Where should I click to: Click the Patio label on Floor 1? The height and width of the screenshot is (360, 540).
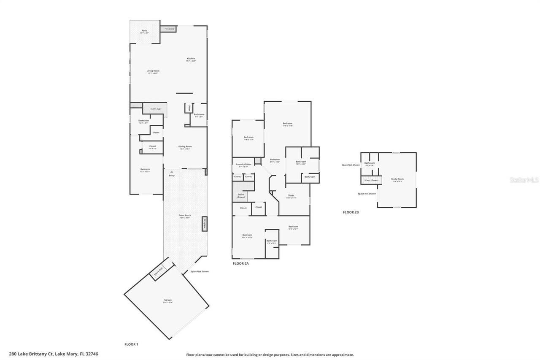144,31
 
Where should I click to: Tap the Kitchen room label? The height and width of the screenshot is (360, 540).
191,59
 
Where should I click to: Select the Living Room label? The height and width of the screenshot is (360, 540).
153,71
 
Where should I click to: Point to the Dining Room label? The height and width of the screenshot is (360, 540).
185,147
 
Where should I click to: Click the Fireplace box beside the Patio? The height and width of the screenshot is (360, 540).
169,29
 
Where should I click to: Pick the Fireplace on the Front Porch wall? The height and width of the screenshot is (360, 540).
205,224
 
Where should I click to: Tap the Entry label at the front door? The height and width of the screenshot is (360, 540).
172,175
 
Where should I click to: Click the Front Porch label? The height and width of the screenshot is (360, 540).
185,216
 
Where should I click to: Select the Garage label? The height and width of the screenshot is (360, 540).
168,300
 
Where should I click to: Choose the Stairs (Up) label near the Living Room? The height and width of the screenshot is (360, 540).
156,109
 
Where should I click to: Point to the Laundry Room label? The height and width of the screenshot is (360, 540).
243,165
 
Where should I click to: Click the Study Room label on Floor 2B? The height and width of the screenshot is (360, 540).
397,179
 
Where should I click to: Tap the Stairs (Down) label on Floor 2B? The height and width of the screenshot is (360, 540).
371,180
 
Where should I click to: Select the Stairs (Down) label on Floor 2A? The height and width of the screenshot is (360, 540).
241,195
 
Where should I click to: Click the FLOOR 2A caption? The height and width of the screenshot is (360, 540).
241,263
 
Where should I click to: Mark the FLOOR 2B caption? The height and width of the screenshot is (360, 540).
351,212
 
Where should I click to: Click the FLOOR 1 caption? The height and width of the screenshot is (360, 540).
131,344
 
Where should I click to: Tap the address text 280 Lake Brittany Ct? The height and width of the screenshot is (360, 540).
53,354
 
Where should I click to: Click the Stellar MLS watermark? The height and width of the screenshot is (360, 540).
524,180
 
